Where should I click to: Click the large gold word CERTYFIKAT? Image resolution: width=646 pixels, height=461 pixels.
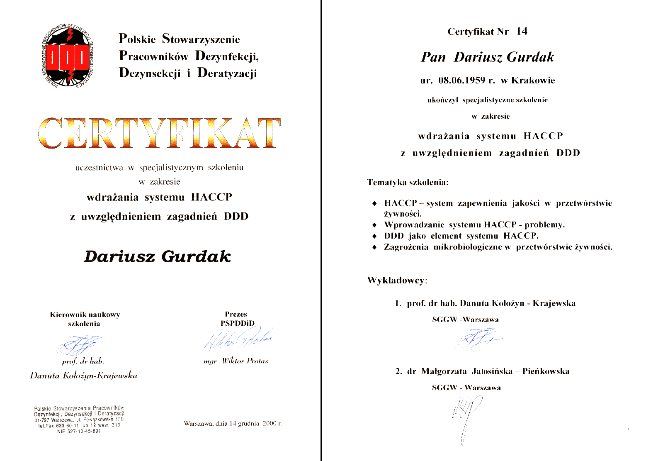pos(159,133)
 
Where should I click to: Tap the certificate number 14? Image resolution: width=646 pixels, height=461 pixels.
pos(522,31)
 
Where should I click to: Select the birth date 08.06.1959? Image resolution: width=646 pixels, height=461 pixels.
pos(461,80)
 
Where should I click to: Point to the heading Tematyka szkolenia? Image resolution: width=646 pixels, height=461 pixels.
pos(408,182)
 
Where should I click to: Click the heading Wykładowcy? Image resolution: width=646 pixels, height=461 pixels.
pos(397,281)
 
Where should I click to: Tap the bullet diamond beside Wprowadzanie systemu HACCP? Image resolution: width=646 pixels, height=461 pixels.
pos(374,225)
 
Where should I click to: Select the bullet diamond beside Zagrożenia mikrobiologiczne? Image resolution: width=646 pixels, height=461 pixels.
pos(374,247)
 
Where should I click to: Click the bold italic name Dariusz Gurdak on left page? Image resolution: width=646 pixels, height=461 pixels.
pos(157,256)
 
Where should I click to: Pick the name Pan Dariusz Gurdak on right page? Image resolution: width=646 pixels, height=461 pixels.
pos(487,57)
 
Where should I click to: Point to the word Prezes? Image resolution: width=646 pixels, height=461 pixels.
pos(236,314)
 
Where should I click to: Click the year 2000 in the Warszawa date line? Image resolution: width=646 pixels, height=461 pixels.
pos(270,424)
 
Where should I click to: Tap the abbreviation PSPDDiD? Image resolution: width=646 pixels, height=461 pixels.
pos(237,323)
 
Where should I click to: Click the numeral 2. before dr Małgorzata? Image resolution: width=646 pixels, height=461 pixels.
pos(398,371)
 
